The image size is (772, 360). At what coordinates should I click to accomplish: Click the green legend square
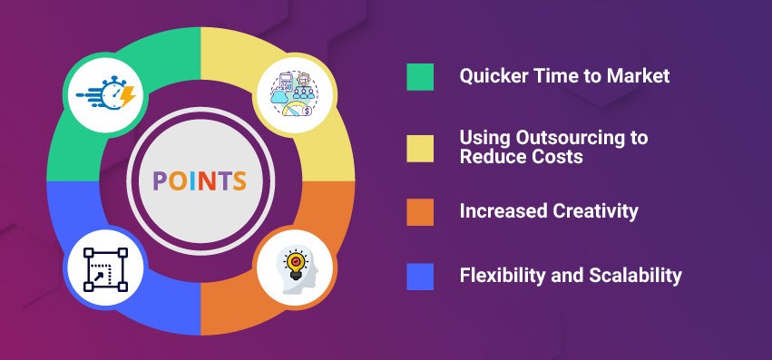point(420,77)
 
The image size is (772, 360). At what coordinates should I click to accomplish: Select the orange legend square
point(420,211)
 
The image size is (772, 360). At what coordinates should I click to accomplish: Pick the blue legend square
point(420,276)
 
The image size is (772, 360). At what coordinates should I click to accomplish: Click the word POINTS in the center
point(200,180)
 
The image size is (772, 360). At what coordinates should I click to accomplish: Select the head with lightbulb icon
point(297,269)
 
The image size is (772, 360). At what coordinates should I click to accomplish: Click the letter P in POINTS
point(160,180)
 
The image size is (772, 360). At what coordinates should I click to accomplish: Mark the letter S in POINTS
point(239,180)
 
